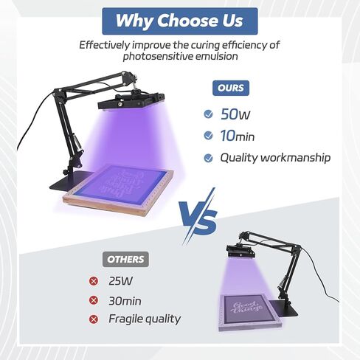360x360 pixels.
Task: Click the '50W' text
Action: pyautogui.click(x=235, y=114)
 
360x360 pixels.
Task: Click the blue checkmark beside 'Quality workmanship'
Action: pyautogui.click(x=208, y=158)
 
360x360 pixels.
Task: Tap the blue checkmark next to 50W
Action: pyautogui.click(x=208, y=114)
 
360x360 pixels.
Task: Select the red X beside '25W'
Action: pyautogui.click(x=93, y=281)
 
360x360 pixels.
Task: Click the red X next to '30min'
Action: pyautogui.click(x=93, y=300)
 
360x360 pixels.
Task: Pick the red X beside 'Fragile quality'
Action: pyautogui.click(x=93, y=319)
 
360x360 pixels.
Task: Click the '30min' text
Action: pyautogui.click(x=124, y=300)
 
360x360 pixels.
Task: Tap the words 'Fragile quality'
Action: pyautogui.click(x=144, y=319)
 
